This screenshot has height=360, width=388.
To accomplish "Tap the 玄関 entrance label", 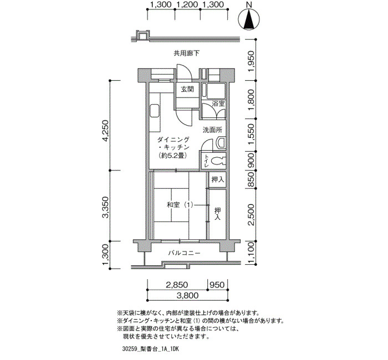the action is (187, 89).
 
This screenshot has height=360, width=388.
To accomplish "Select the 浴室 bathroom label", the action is (218, 104).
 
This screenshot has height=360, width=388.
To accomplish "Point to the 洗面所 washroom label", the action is (212, 130).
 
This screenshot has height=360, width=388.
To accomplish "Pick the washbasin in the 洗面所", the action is (221, 142).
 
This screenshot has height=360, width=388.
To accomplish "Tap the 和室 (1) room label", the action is (180, 205).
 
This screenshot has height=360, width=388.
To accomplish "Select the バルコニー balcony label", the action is (184, 253).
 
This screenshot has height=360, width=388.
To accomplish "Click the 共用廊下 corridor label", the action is (186, 53).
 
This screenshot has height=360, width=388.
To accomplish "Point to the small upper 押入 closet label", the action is (218, 179).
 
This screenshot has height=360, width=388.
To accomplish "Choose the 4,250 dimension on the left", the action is (106, 131).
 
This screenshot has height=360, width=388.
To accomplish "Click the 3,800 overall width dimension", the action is (187, 295).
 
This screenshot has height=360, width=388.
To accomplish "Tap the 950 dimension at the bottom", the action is (217, 285).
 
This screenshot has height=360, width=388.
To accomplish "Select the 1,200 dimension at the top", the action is (187, 4).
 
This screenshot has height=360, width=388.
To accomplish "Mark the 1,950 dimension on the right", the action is (251, 61).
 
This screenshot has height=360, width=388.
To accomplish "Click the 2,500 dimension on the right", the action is (251, 215).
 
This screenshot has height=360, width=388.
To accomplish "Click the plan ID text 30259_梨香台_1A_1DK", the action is (150, 349).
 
